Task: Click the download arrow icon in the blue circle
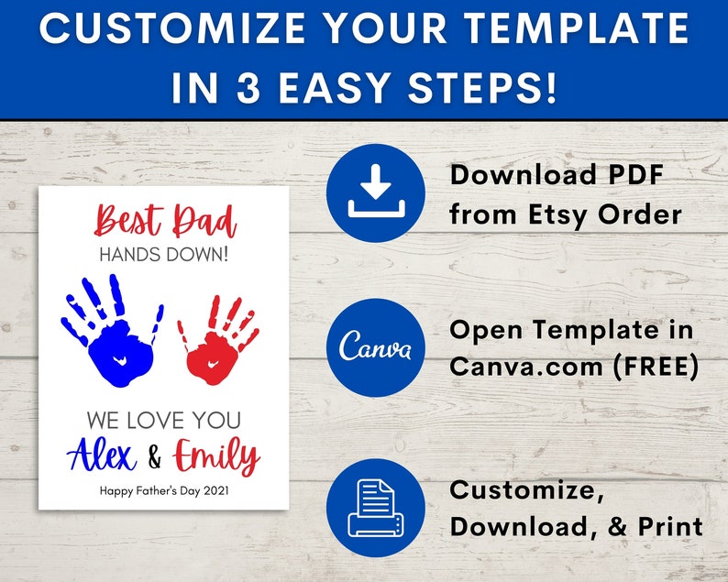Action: point(375,192)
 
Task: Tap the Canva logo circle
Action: point(375,349)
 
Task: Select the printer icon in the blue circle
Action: point(375,509)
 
